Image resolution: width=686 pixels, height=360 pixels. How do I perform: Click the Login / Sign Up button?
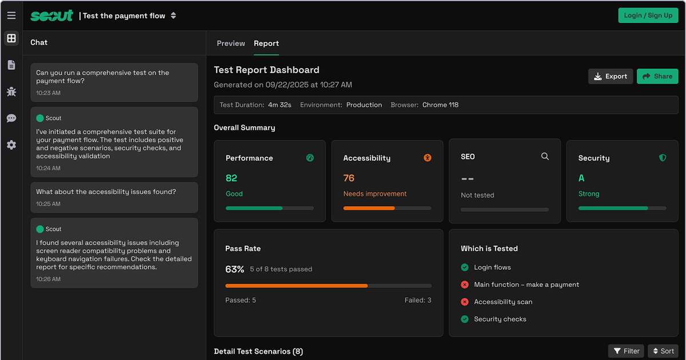[648, 15]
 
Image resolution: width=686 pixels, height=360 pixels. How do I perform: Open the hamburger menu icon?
[11, 15]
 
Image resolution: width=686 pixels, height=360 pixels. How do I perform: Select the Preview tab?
[230, 43]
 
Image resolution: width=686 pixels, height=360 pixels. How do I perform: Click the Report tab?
[266, 43]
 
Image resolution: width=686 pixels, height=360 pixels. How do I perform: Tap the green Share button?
[657, 76]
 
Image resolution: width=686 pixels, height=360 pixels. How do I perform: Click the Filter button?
[626, 351]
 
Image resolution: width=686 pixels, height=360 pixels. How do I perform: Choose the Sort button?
[663, 351]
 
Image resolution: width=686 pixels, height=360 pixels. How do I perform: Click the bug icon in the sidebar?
[11, 91]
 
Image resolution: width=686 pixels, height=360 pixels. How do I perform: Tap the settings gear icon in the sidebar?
[11, 145]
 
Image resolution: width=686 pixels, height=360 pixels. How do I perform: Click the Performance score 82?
[231, 178]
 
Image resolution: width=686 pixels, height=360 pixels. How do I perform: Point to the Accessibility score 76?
[349, 178]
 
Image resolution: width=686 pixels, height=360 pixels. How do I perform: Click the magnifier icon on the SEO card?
[545, 157]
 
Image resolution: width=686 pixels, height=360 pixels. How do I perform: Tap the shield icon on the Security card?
[663, 158]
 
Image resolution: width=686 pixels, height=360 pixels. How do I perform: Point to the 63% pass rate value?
[234, 269]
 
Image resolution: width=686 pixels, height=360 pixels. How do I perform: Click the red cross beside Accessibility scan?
[465, 302]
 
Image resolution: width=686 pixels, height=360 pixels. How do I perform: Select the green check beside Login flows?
[465, 267]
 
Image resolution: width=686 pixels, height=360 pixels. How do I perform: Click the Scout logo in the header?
[52, 15]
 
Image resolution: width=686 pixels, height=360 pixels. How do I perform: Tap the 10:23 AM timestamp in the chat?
[48, 93]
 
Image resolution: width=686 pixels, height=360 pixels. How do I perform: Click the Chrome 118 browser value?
[440, 105]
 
